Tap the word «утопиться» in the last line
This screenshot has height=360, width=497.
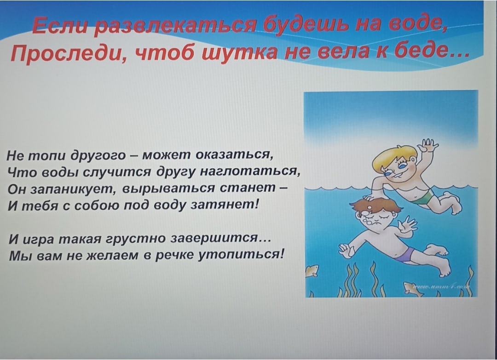241,254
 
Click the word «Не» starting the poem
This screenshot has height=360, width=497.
14,156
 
